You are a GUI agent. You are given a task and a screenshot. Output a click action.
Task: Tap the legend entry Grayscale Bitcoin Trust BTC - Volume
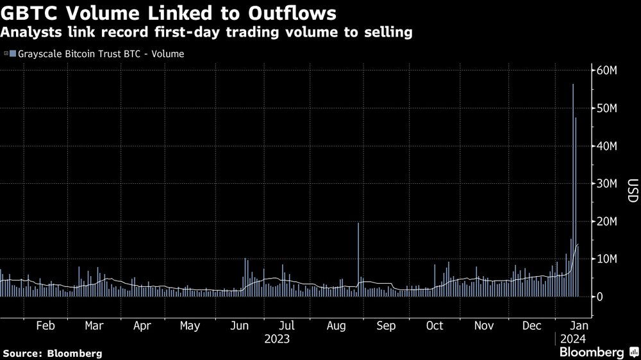pos(97,54)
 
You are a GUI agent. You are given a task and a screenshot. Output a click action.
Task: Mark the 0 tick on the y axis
pos(599,297)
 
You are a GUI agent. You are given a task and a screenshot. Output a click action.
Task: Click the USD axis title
pos(633,190)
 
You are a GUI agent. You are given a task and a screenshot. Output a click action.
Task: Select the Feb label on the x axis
pos(46,325)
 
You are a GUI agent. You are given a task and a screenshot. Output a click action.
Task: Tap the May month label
pos(190,325)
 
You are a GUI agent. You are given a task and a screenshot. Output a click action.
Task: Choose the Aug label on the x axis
pos(337,325)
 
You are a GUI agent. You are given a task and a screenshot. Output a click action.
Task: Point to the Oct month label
pos(435,325)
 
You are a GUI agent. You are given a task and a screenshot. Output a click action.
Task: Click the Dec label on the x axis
pos(531,325)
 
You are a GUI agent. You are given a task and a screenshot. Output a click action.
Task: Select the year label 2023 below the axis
pos(277,339)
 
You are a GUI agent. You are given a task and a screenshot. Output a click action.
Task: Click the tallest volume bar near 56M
pos(572,192)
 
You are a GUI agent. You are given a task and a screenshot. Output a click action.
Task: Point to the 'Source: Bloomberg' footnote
pos(53,353)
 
